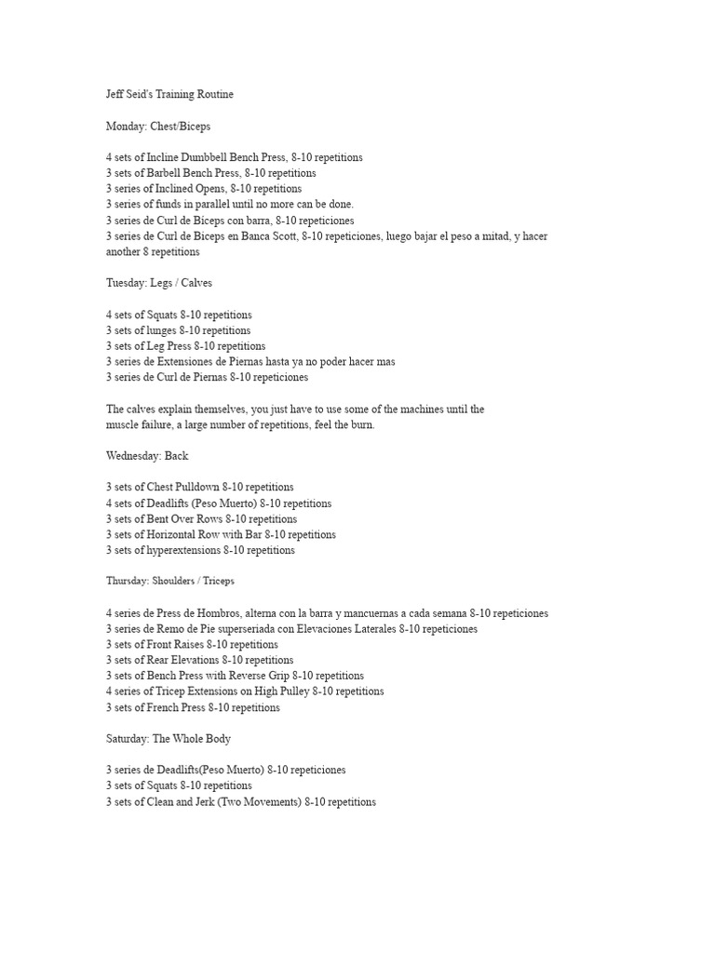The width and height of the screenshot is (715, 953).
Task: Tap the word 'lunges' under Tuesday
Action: tap(166, 330)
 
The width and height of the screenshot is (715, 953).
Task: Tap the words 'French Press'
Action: tap(177, 708)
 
